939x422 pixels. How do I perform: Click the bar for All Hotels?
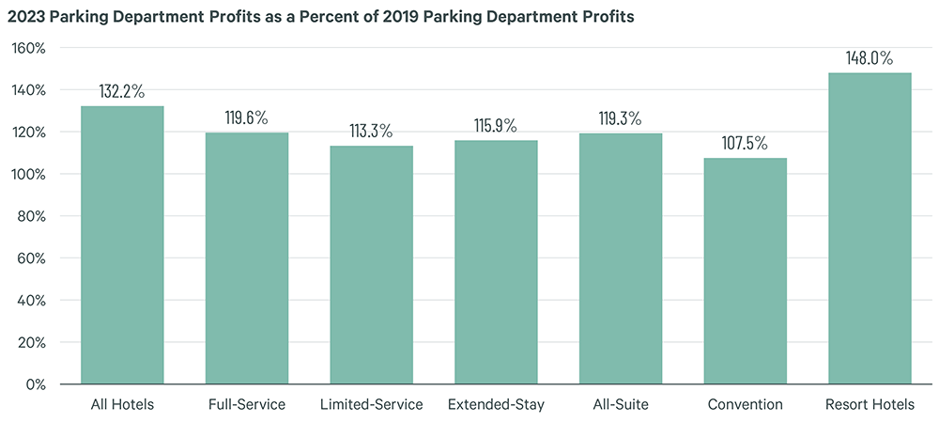point(122,245)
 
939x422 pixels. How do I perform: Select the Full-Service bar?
point(247,258)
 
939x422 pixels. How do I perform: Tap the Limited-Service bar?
point(371,265)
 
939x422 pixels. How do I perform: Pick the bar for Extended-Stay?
point(496,262)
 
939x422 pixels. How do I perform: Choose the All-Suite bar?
point(621,258)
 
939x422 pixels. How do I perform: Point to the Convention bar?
point(746,271)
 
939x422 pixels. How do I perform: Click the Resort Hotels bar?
point(870,228)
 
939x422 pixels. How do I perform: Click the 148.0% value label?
point(870,58)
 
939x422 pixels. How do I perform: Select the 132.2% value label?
point(122,91)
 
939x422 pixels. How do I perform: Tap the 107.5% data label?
point(746,144)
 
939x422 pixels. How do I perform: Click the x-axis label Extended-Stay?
point(496,405)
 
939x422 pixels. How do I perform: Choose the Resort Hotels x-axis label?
point(870,405)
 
